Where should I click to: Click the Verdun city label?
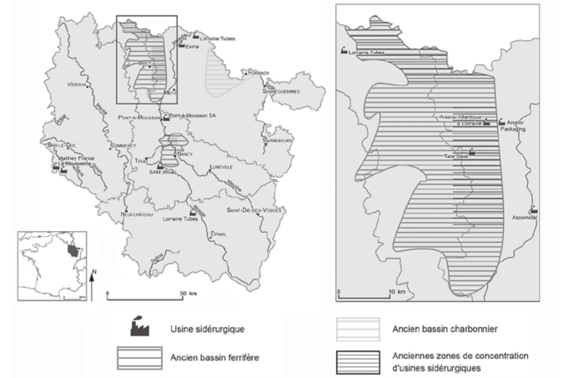pos(76,85)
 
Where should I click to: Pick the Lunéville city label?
pos(221,167)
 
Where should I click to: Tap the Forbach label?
pos(259,73)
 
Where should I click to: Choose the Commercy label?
pos(123,146)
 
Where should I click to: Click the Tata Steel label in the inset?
pos(456,156)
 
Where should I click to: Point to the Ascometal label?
pos(525,217)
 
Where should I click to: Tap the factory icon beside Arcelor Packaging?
pos(502,122)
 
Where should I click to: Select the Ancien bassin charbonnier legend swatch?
pos(358,329)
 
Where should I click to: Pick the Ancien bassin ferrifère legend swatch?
pos(139,358)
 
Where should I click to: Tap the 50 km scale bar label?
pos(187,293)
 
